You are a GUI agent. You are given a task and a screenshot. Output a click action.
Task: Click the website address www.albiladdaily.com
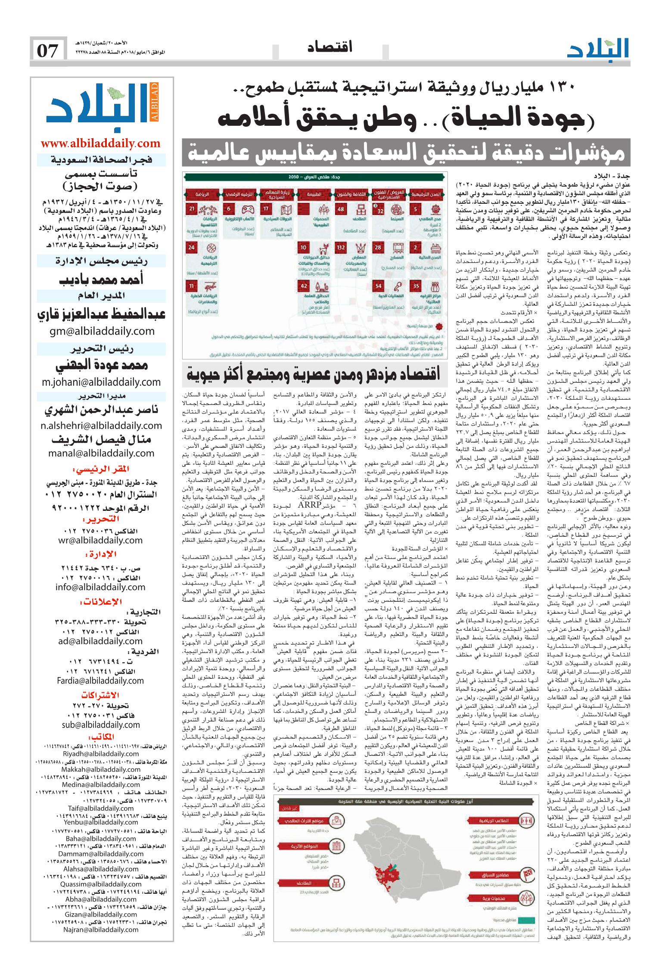click(x=101, y=143)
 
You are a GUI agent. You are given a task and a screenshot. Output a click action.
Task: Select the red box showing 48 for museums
click(x=341, y=209)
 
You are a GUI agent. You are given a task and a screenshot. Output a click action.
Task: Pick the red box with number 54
click(x=378, y=286)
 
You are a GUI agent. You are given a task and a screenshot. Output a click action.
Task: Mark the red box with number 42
click(x=304, y=286)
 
